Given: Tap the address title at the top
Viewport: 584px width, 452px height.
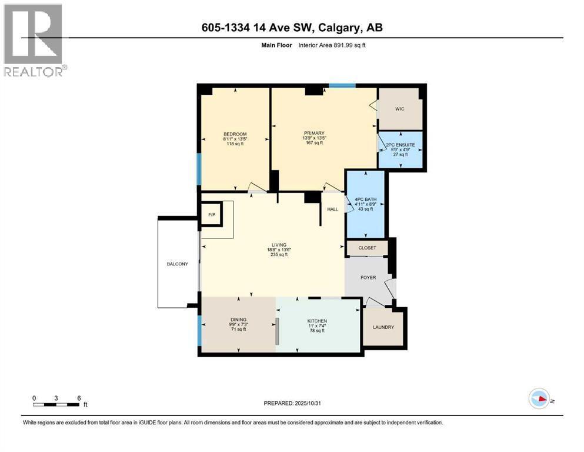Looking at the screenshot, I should click(x=292, y=28).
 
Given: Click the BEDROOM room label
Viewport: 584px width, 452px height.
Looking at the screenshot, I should click(x=235, y=134).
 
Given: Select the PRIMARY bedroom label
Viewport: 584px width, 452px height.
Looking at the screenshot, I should click(x=315, y=134).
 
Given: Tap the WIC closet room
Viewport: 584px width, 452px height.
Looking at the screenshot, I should click(x=399, y=109).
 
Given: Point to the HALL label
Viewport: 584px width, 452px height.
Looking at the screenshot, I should click(x=333, y=209).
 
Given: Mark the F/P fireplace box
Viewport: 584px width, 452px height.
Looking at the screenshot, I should click(x=211, y=215).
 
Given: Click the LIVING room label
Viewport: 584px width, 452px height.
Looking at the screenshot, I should click(x=279, y=245).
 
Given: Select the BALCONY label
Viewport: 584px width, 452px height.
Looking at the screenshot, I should click(x=177, y=264).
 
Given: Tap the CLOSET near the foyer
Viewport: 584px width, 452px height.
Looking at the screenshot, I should click(x=367, y=248).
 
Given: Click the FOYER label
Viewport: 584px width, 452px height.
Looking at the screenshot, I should click(x=368, y=278).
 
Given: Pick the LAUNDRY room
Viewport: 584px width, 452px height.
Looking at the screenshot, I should click(x=383, y=327).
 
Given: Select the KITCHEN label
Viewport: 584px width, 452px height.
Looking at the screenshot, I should click(x=317, y=321).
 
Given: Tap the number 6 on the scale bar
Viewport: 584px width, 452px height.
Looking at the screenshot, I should click(x=78, y=397).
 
